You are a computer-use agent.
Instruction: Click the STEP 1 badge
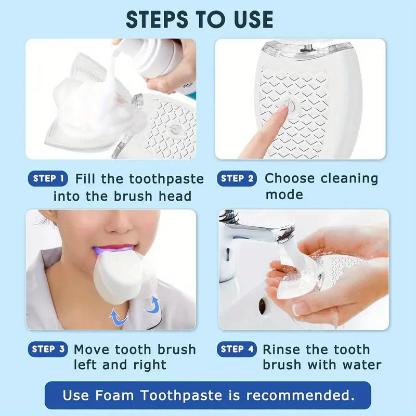coord(48,179)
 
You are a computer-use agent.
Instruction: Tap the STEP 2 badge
coord(237,179)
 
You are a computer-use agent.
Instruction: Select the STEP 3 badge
coord(48,349)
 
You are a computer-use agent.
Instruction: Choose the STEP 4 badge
coord(237,349)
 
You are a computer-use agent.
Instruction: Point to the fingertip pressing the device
coord(281,112)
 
